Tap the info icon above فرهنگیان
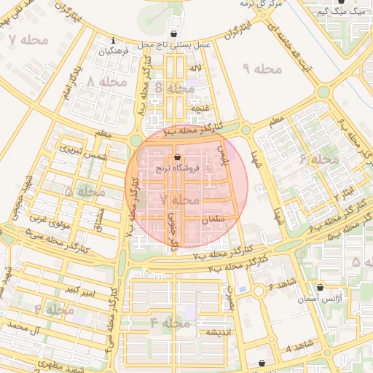click(x=113, y=41)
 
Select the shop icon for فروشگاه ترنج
click(x=177, y=157)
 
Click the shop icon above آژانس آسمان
click(x=320, y=288)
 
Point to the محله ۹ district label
click(x=262, y=68)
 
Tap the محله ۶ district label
click(x=319, y=158)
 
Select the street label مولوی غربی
click(x=50, y=221)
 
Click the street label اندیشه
click(x=219, y=332)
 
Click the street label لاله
click(x=195, y=68)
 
